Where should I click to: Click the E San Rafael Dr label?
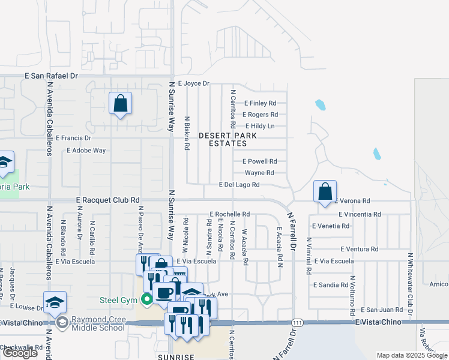[x=52, y=76]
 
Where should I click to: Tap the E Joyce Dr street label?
[x=193, y=83]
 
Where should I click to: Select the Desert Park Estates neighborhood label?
[x=228, y=139]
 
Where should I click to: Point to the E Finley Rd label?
[x=260, y=103]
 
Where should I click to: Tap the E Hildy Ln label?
[x=260, y=126]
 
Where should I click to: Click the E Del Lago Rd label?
[x=239, y=185]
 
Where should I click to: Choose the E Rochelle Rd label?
[x=229, y=214]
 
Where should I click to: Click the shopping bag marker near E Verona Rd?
[x=325, y=192]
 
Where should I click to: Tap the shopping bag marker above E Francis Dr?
[x=120, y=103]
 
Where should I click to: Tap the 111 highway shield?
[x=297, y=323]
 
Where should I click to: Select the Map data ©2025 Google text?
[x=411, y=355]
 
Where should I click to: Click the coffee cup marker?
[x=164, y=292]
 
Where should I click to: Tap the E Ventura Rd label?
[x=359, y=249]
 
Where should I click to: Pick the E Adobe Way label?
[x=85, y=150]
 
